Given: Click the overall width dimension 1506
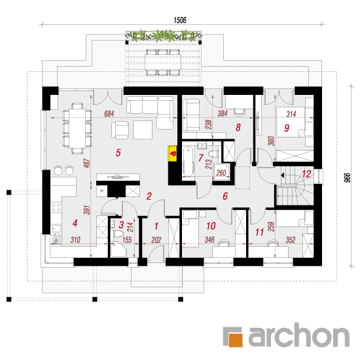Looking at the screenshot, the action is (180, 20).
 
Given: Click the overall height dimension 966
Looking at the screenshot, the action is (348, 177).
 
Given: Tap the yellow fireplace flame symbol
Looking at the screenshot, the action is (173, 153).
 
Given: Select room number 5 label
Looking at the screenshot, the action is (118, 153).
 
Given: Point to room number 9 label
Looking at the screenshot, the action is (287, 128).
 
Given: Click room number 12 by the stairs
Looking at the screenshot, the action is (306, 174).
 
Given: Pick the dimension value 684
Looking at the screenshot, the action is (109, 114).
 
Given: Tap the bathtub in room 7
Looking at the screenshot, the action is (189, 162).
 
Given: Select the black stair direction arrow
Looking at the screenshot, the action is (283, 175).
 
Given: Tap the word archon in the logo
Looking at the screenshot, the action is (299, 335).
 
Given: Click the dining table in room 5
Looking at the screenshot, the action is (77, 128).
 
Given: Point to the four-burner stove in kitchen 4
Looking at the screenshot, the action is (56, 207).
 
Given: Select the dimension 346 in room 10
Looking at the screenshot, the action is (209, 240).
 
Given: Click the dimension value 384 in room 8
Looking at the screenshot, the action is (223, 113).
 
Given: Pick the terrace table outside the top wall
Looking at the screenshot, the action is (163, 62).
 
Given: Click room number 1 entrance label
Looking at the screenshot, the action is (156, 226).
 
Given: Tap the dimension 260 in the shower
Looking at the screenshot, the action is (221, 173).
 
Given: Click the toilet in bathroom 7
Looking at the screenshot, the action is (213, 153).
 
